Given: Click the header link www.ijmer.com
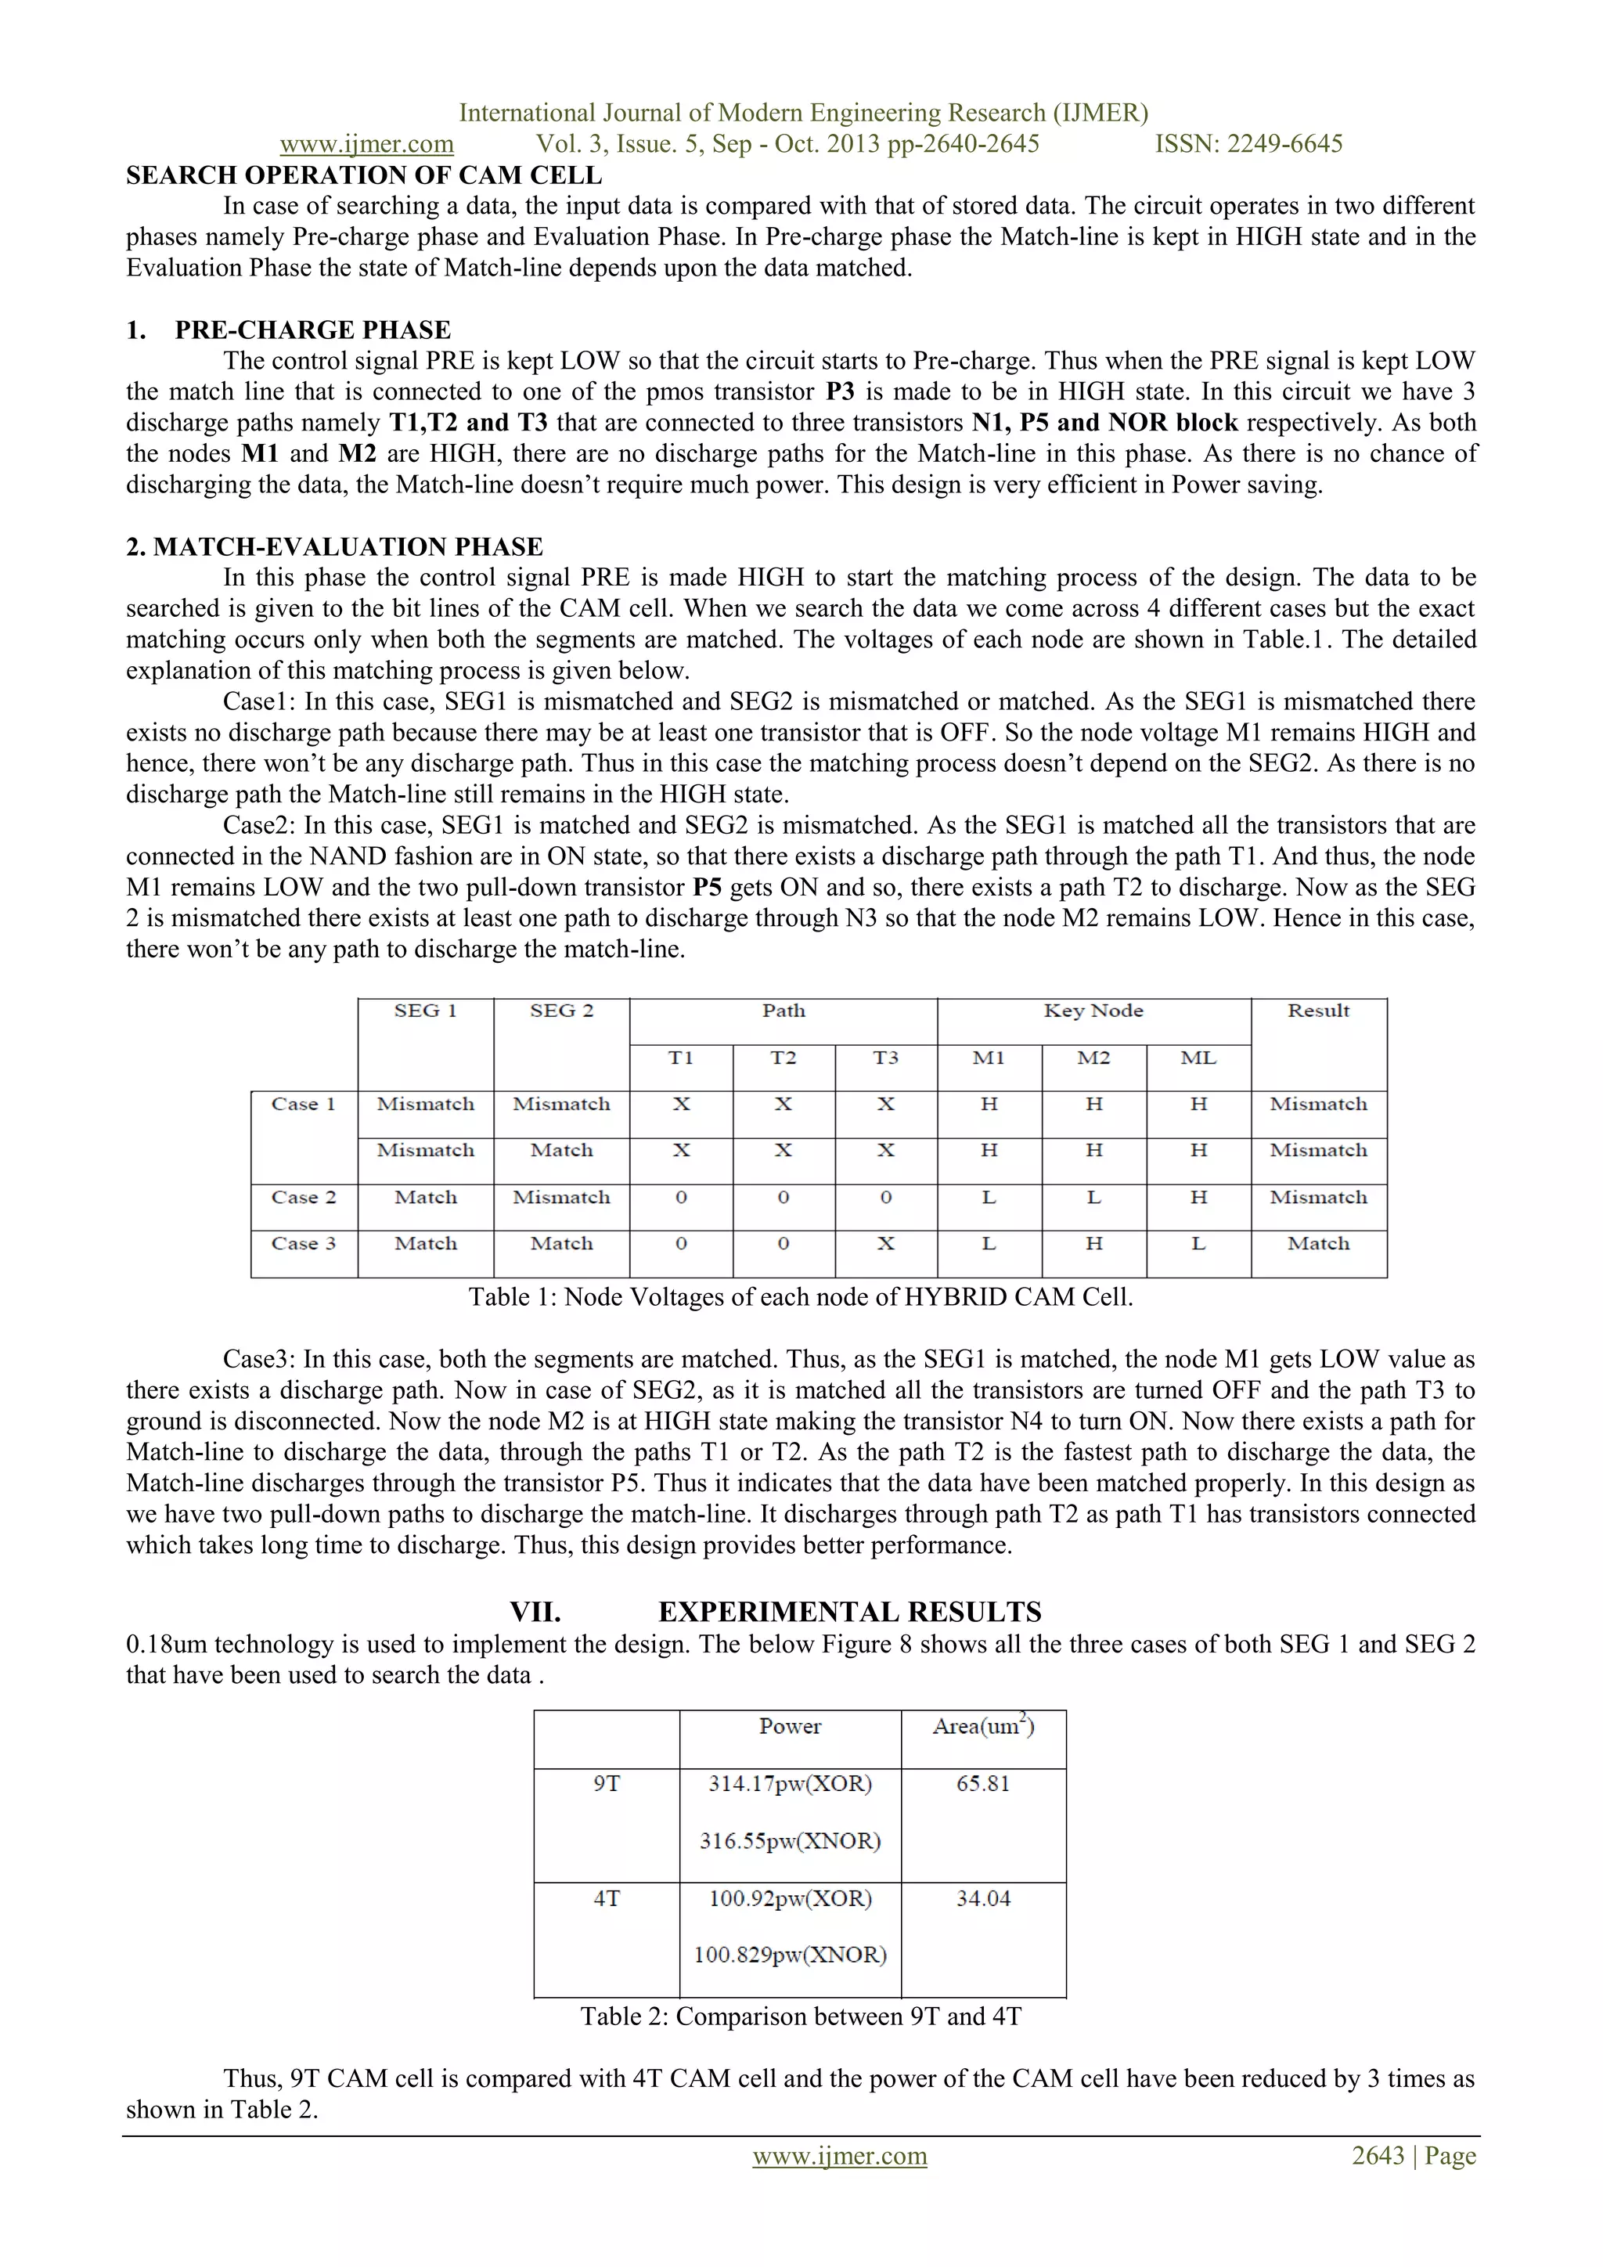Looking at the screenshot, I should click(366, 144).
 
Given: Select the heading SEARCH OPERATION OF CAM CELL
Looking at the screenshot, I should click(363, 176).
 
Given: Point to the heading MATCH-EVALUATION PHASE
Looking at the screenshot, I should click(348, 547).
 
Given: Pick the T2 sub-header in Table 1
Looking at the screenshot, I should click(783, 1058).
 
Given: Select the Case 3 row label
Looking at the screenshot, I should click(303, 1244).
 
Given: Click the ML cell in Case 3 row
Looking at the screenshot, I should click(1198, 1244).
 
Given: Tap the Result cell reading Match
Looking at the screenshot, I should click(1318, 1244).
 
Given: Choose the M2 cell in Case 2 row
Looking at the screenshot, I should click(1093, 1198).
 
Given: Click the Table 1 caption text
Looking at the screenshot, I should click(799, 1297).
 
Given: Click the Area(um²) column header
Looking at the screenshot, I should click(983, 1727).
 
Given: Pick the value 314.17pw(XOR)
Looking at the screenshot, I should click(790, 1784).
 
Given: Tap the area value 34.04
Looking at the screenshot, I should click(983, 1899).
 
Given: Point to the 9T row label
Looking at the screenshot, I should click(606, 1784).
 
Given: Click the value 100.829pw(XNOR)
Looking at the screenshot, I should click(790, 1955).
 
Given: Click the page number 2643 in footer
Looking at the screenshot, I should click(1377, 2157).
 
